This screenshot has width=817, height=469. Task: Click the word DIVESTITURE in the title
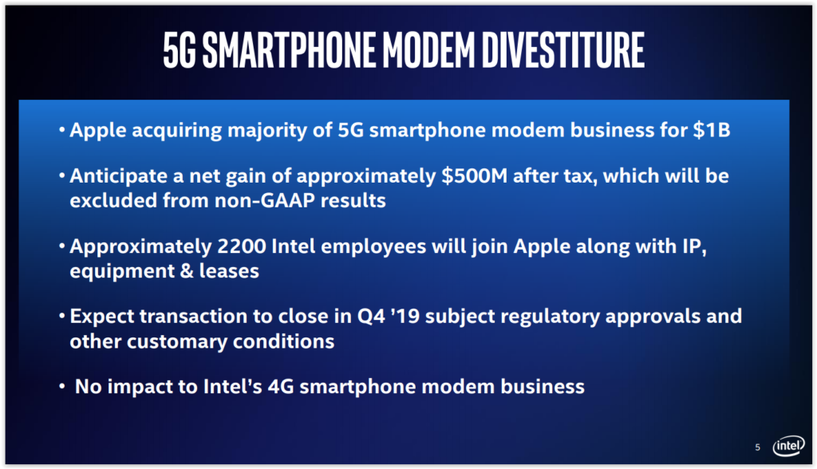point(563,50)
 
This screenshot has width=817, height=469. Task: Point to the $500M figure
point(474,176)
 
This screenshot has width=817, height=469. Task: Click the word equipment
point(122,271)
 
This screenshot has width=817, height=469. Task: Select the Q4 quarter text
point(371,317)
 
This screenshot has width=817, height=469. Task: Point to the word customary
point(176,342)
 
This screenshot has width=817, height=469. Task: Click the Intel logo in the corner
point(788,446)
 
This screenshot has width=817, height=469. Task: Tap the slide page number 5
point(758,447)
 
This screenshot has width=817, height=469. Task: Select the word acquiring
point(176,130)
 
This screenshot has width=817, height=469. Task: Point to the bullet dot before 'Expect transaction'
point(62,315)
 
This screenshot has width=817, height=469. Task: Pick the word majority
point(267,131)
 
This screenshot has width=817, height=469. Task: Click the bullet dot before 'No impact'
point(62,386)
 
